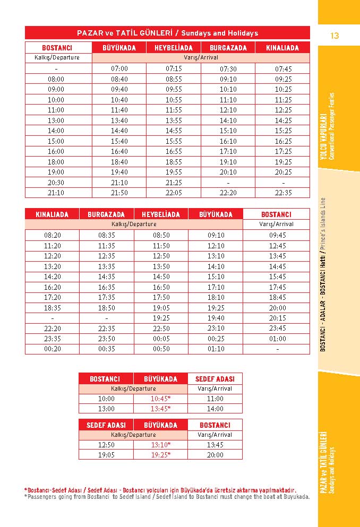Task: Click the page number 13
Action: (334, 36)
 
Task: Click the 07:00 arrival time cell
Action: (119, 68)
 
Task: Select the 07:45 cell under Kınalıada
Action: (283, 68)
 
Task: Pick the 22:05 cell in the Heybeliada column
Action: (174, 193)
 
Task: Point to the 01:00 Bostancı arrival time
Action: (277, 339)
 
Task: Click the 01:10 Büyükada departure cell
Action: (216, 349)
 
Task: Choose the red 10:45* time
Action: (161, 399)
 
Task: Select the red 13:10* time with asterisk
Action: (161, 445)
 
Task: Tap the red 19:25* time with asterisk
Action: (161, 455)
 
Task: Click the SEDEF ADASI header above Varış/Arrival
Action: (215, 379)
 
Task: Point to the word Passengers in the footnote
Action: (44, 497)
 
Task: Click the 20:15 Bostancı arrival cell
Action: (277, 318)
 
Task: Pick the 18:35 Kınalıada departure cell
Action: (52, 307)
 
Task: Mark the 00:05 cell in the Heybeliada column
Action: (161, 339)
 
